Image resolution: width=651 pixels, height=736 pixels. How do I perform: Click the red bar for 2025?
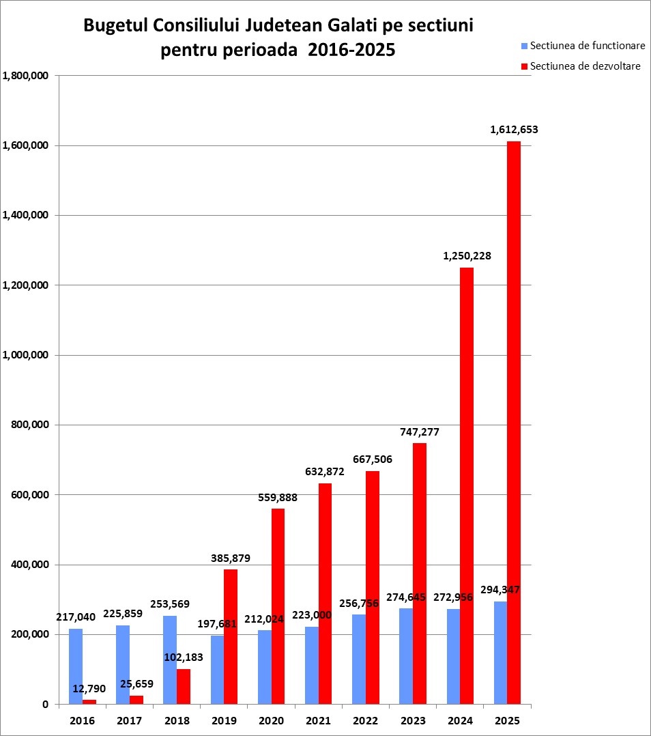point(514,423)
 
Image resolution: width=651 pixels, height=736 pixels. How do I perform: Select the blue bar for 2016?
point(76,666)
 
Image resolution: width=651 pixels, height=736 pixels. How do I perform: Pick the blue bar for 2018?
point(170,660)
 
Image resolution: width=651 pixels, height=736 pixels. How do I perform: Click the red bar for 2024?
point(467,485)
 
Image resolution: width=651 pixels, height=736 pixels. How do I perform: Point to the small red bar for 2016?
point(89,701)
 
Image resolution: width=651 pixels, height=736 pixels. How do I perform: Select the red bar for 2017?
point(136,700)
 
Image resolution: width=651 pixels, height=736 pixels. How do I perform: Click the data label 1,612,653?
point(514,129)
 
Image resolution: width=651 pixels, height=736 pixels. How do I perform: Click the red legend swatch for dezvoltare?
point(525,66)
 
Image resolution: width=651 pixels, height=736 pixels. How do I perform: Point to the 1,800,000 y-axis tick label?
point(26,76)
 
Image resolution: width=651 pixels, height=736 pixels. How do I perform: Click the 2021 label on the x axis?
point(319,720)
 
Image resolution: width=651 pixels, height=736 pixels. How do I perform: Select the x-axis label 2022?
point(366,720)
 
